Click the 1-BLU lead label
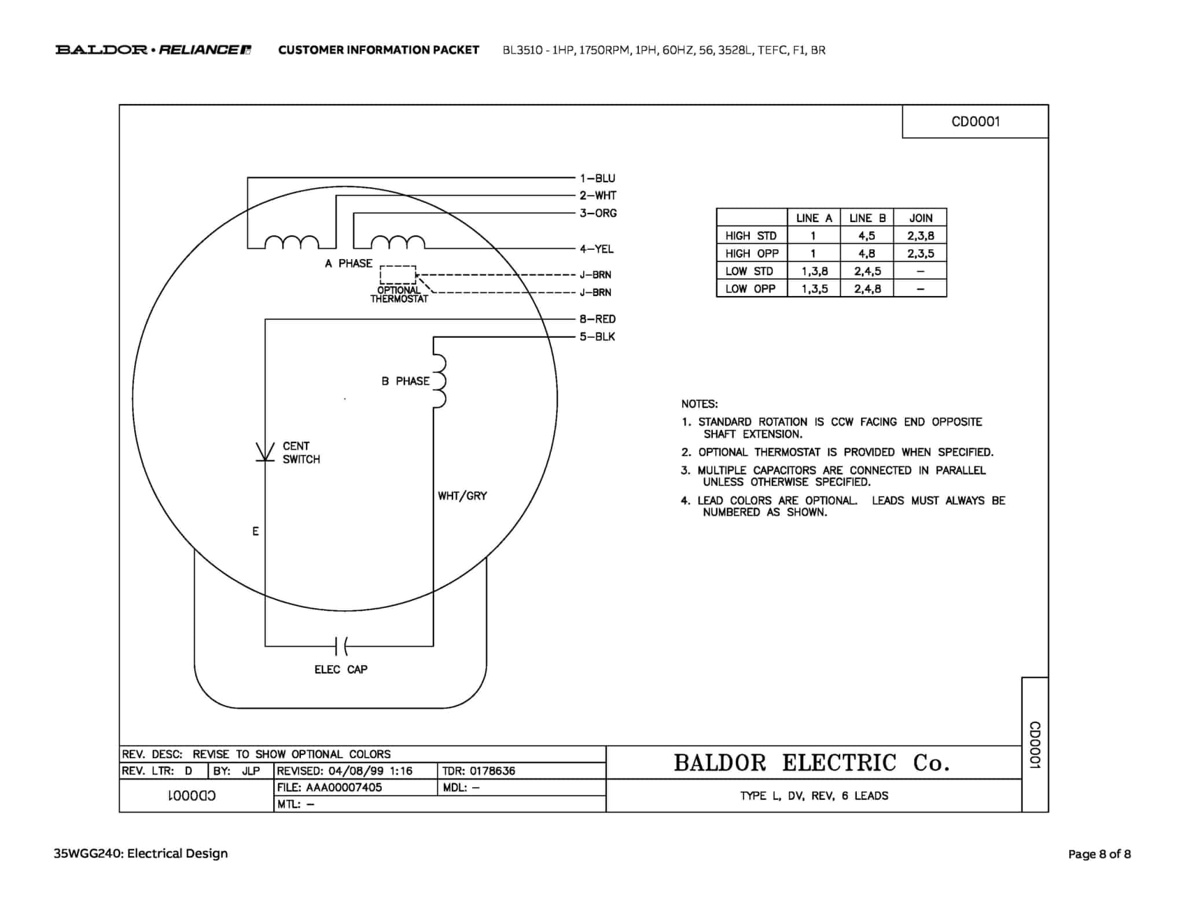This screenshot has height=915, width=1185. [x=597, y=178]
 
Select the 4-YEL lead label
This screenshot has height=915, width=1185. [x=597, y=249]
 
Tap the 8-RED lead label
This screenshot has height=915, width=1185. [x=597, y=319]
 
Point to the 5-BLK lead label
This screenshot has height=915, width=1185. [x=597, y=337]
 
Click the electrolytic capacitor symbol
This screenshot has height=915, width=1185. [x=341, y=645]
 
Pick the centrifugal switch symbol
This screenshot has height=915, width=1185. [x=266, y=452]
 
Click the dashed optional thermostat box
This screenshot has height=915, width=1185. [x=398, y=275]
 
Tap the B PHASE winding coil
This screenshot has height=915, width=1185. [x=440, y=381]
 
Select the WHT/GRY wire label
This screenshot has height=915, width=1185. [x=462, y=496]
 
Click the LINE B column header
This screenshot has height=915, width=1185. [x=867, y=218]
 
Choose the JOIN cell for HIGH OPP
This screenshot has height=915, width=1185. [x=920, y=253]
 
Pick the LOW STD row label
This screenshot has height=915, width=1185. [x=749, y=271]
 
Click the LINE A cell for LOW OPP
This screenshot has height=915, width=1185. [x=814, y=289]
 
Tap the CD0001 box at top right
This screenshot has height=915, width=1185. [x=976, y=121]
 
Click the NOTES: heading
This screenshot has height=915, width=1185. [x=699, y=404]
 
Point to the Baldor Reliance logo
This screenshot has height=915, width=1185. [x=153, y=50]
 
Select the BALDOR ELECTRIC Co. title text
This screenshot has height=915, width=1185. [x=811, y=763]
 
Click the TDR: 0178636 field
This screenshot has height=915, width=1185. [x=479, y=770]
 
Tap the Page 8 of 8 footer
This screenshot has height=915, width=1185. [x=1099, y=854]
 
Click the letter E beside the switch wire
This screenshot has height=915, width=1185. [x=255, y=531]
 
